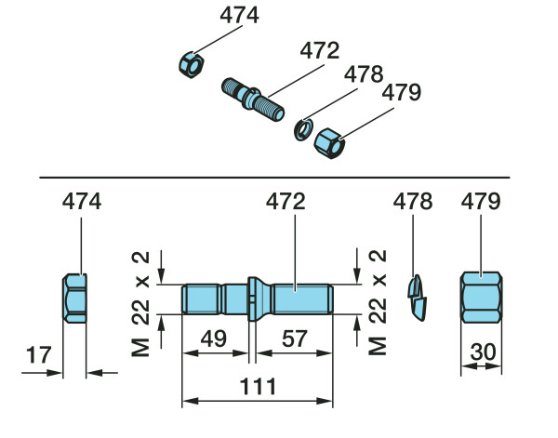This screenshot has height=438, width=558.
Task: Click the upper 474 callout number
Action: point(239,16)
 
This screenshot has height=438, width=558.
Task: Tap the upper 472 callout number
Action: point(321,49)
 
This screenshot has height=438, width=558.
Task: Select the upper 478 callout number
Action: point(365,73)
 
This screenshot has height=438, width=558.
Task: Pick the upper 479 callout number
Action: point(402,93)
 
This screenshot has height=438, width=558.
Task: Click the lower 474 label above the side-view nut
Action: point(82,201)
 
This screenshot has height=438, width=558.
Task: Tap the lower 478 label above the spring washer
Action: point(413,201)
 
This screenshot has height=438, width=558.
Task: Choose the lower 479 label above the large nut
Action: point(481,201)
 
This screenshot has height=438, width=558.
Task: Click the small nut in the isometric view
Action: point(191,65)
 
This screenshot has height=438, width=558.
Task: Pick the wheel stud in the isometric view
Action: point(254,98)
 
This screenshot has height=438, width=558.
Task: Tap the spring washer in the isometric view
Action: point(302,127)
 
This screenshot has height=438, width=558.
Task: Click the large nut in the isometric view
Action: point(329,142)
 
